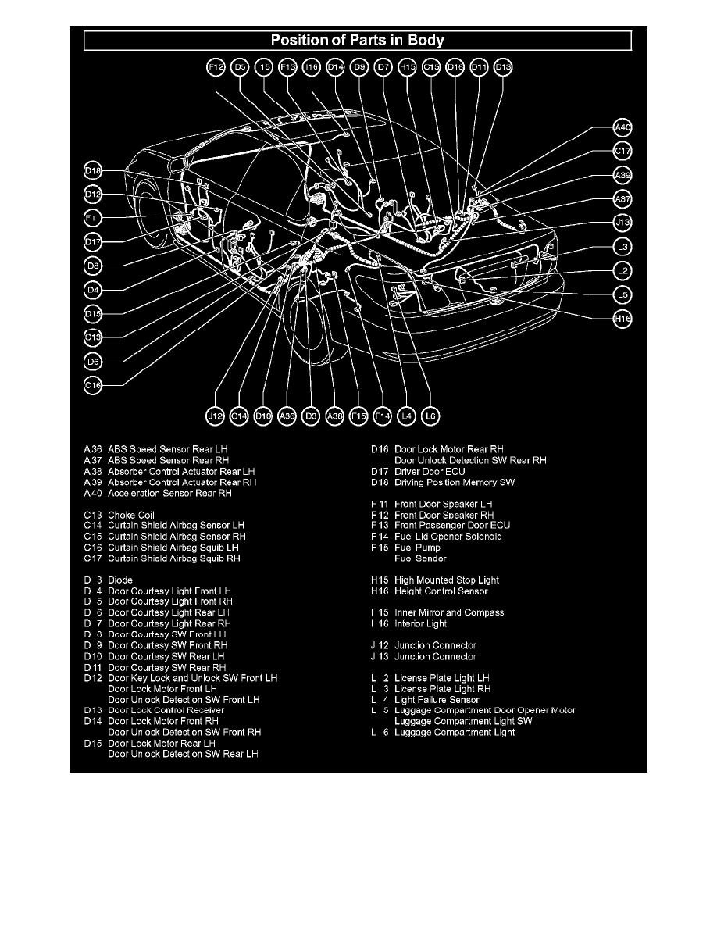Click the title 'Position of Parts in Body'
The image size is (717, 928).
358,40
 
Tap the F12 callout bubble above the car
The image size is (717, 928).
216,68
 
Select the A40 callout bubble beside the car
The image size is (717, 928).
622,127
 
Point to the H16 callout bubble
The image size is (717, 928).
622,319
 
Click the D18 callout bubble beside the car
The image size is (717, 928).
93,170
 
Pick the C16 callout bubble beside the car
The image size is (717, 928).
93,384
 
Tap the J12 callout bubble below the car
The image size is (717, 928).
216,417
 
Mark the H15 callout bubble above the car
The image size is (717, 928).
407,68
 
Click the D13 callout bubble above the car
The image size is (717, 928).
504,68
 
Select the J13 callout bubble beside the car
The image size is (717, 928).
622,223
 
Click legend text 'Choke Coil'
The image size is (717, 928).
131,516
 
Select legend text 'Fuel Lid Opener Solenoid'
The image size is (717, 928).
448,537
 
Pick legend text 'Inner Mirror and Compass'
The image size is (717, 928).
448,613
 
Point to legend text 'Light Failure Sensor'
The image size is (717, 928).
437,700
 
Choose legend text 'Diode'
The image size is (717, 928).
120,580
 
